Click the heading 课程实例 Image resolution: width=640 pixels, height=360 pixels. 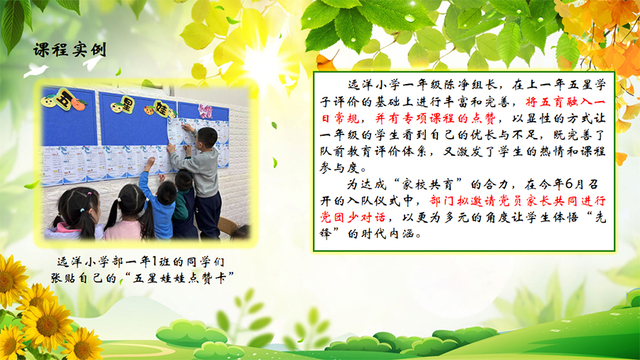click(70, 50)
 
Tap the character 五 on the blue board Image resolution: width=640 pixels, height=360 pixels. click(63, 99)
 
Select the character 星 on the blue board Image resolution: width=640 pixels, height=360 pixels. click(127, 105)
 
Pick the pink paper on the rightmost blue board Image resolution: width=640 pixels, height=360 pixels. click(205, 110)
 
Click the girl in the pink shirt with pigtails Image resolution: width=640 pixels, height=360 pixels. click(127, 214)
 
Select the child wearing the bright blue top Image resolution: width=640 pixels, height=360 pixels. click(160, 206)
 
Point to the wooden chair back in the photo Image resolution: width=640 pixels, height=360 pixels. click(228, 226)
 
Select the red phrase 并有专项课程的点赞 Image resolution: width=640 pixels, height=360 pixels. click(435, 118)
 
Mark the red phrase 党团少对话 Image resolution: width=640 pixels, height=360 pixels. click(352, 217)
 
